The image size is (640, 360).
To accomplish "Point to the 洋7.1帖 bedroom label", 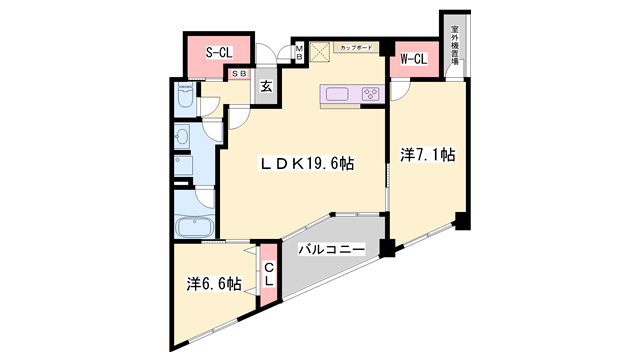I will (428, 155).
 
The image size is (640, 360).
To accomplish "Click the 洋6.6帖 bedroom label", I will (212, 285).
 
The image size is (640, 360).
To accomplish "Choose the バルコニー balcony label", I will (331, 249).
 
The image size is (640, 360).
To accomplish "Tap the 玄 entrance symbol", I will (267, 87).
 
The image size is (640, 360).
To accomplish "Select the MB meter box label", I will (298, 52).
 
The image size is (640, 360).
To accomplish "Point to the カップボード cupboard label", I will (356, 47).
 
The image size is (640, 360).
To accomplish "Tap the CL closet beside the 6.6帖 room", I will (268, 274).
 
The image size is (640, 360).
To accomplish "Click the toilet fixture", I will (186, 97).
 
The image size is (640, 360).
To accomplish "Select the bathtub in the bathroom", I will (191, 227).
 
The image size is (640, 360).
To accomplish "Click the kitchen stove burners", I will (370, 95).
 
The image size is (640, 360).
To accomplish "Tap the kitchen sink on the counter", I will (335, 95).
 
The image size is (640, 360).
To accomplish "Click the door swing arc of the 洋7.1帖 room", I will (398, 92).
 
